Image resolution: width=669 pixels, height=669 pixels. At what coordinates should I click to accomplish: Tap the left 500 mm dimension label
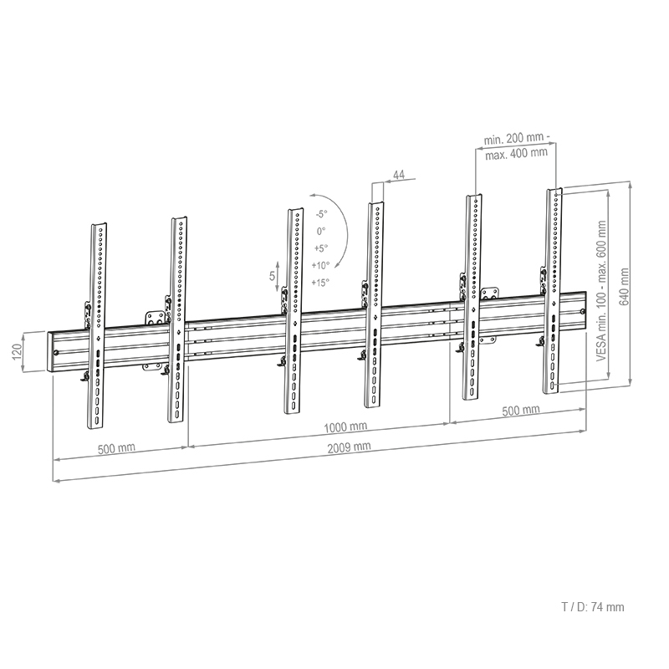tap(116, 448)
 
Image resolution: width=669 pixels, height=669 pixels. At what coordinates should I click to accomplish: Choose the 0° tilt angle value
tap(321, 230)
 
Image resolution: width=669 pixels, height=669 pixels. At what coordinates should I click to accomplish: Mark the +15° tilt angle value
tap(320, 283)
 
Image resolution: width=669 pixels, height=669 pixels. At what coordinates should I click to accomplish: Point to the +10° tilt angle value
tap(320, 265)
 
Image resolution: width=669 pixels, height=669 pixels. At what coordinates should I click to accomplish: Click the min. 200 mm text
tap(516, 137)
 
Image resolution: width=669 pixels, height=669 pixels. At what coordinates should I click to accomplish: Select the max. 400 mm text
tap(516, 152)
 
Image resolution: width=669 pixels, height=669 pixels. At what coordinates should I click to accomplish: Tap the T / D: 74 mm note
tap(592, 608)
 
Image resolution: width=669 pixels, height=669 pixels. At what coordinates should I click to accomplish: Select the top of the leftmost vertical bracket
tap(98, 225)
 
